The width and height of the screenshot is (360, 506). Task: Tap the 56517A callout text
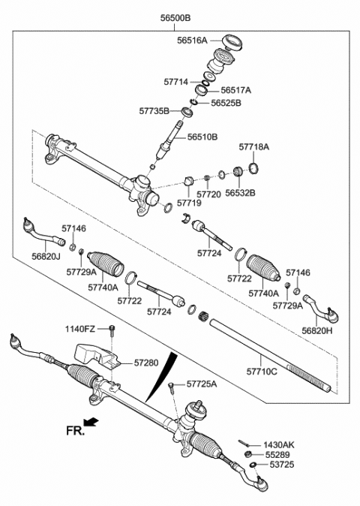(235, 89)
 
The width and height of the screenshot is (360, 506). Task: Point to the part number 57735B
(155, 110)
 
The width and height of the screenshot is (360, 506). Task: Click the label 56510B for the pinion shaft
(202, 137)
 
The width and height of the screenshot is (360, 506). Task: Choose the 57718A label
(253, 148)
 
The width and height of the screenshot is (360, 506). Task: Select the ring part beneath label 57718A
(253, 167)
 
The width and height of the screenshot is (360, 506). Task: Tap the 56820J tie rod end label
(47, 256)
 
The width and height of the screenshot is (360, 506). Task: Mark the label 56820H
(317, 330)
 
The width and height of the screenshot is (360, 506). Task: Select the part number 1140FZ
(80, 330)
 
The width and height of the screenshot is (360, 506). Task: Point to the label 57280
(147, 363)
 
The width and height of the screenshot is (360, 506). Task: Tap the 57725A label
(202, 384)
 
